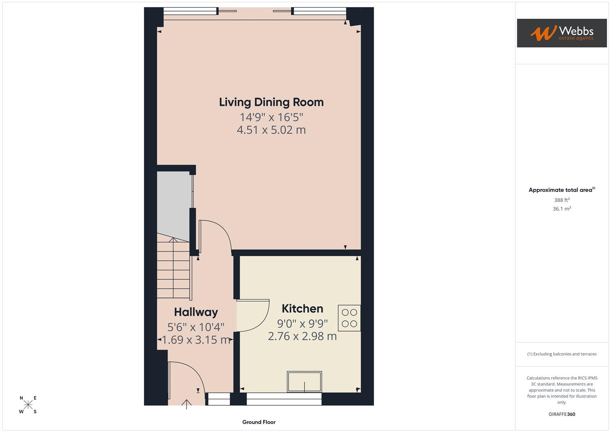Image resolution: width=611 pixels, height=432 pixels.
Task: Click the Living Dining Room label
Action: pyautogui.click(x=271, y=102)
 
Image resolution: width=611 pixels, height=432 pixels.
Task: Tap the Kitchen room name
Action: pyautogui.click(x=302, y=309)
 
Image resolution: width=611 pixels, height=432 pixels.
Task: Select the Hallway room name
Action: pyautogui.click(x=196, y=312)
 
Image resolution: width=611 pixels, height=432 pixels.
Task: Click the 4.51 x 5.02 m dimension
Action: pyautogui.click(x=271, y=130)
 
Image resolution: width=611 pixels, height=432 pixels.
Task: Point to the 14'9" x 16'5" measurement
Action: pyautogui.click(x=271, y=117)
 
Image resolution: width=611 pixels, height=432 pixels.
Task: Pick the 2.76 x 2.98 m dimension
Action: pyautogui.click(x=302, y=336)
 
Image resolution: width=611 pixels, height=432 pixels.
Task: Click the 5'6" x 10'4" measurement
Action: pyautogui.click(x=196, y=327)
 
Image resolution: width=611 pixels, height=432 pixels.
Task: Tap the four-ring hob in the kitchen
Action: pyautogui.click(x=349, y=318)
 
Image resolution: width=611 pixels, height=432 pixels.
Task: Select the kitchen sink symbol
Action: pyautogui.click(x=304, y=382)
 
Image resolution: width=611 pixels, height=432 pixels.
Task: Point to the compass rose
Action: pyautogui.click(x=28, y=405)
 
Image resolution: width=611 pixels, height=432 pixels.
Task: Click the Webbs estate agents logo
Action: pyautogui.click(x=561, y=33)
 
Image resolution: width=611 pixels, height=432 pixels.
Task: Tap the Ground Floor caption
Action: pyautogui.click(x=259, y=422)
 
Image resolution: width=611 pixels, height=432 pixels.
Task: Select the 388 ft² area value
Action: pyautogui.click(x=561, y=200)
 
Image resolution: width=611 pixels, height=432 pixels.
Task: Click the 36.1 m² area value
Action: pyautogui.click(x=561, y=209)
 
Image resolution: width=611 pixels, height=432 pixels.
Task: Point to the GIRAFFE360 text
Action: pyautogui.click(x=561, y=414)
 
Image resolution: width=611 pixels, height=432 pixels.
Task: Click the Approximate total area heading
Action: pyautogui.click(x=561, y=190)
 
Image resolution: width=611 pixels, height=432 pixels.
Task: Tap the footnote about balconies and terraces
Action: pyautogui.click(x=561, y=354)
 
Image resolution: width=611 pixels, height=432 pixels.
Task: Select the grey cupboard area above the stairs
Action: pyautogui.click(x=173, y=204)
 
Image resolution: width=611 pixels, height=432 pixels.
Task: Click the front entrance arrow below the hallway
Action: pyautogui.click(x=186, y=404)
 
